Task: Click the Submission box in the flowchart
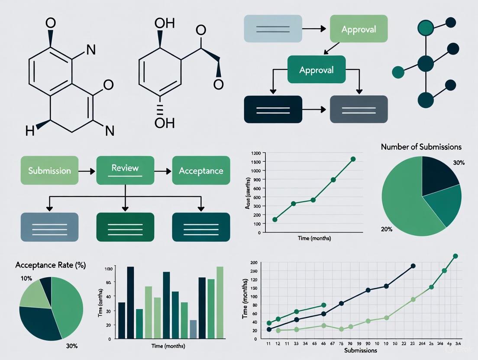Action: (49, 170)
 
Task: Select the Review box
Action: (125, 170)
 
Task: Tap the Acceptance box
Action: (201, 170)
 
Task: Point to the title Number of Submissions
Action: (421, 147)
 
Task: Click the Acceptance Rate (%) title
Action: (50, 265)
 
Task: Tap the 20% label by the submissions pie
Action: (386, 229)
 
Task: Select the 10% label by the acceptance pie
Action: (26, 278)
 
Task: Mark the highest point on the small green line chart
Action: (353, 159)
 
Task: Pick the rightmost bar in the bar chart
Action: (220, 302)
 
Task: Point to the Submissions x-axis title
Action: (360, 350)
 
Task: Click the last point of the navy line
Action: (413, 266)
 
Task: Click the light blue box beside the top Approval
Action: (273, 29)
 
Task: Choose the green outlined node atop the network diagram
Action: (426, 29)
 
